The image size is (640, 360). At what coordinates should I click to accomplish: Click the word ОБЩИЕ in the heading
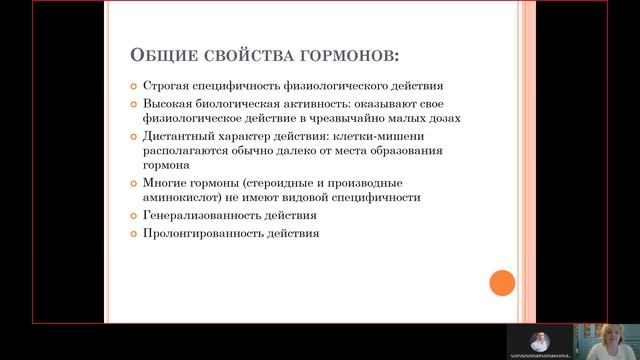pyautogui.click(x=162, y=53)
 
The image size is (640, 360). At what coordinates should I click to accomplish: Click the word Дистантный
pyautogui.click(x=178, y=135)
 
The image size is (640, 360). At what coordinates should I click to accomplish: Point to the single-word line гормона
pyautogui.click(x=166, y=165)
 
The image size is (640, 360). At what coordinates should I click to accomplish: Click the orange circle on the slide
pyautogui.click(x=502, y=283)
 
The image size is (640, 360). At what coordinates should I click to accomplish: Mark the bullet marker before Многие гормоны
pyautogui.click(x=136, y=184)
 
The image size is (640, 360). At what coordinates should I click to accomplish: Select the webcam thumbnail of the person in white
pyautogui.click(x=538, y=339)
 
